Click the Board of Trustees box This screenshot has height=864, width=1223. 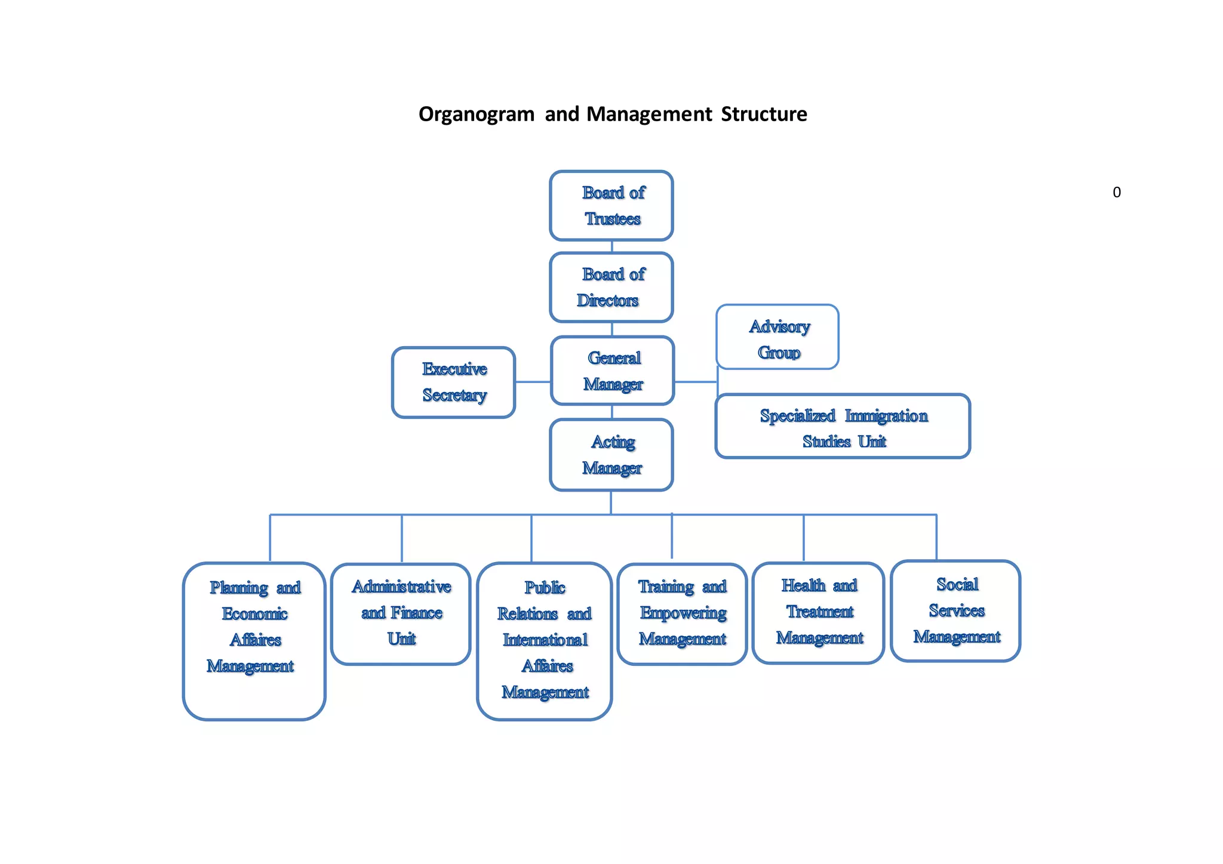(611, 206)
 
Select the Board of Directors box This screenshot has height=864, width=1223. (611, 287)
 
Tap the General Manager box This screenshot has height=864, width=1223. (613, 371)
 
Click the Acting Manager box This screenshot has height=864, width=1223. (611, 455)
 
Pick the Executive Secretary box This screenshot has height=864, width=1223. (454, 382)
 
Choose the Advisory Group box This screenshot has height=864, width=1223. (778, 337)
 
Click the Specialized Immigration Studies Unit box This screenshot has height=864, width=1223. (843, 427)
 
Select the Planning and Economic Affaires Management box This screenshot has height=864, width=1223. (254, 641)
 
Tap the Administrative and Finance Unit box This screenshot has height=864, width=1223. (401, 614)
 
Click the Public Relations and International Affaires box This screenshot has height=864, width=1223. (545, 641)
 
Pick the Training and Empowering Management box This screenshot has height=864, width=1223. (682, 614)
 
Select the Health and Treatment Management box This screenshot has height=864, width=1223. (818, 613)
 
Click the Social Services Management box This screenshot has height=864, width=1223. (955, 611)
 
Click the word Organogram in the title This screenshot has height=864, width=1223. (476, 114)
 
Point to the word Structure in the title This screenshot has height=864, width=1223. (764, 114)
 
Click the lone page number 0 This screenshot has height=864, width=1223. (1116, 193)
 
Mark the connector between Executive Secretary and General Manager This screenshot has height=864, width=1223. (533, 382)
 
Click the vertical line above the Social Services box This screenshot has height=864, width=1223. (936, 537)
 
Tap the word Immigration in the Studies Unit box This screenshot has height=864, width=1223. (886, 416)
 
